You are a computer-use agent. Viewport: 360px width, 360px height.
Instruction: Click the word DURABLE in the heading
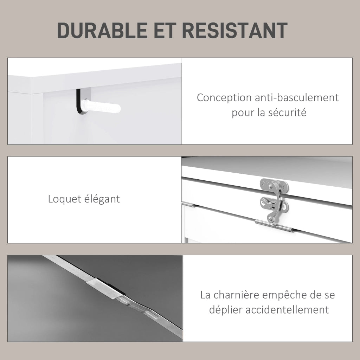[102, 30]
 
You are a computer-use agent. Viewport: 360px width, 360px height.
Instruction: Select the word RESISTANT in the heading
[234, 30]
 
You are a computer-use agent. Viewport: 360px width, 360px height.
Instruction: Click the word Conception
[224, 98]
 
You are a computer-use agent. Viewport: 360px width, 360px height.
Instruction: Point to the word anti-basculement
[297, 98]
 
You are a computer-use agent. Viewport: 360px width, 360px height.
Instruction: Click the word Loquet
[64, 199]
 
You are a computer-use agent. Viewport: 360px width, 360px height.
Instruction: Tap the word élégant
[102, 199]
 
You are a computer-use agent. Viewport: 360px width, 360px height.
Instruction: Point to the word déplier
[226, 310]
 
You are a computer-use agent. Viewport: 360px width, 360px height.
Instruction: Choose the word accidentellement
[287, 310]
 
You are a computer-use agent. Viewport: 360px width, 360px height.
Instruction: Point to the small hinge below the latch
[274, 225]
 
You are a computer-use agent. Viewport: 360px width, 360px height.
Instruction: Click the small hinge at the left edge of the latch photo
[188, 204]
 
